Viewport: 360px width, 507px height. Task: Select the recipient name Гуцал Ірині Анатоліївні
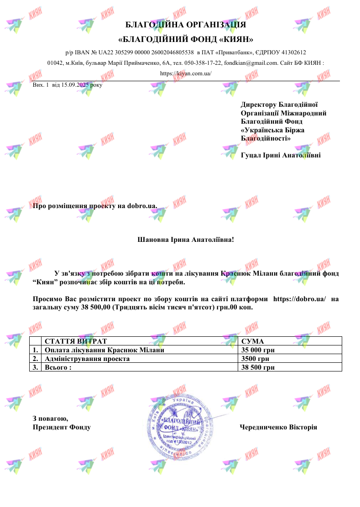coord(281,155)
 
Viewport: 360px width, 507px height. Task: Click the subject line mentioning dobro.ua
coord(95,206)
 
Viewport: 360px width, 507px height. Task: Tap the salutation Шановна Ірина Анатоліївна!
coord(185,239)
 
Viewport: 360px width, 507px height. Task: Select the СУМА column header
coord(253,341)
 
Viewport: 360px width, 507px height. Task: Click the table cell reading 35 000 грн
coord(258,350)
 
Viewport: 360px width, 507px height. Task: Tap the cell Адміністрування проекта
coord(87,359)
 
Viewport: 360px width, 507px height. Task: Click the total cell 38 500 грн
coord(258,367)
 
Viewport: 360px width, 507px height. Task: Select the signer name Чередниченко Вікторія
coord(278,427)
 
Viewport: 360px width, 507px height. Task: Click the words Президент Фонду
coord(62,427)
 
